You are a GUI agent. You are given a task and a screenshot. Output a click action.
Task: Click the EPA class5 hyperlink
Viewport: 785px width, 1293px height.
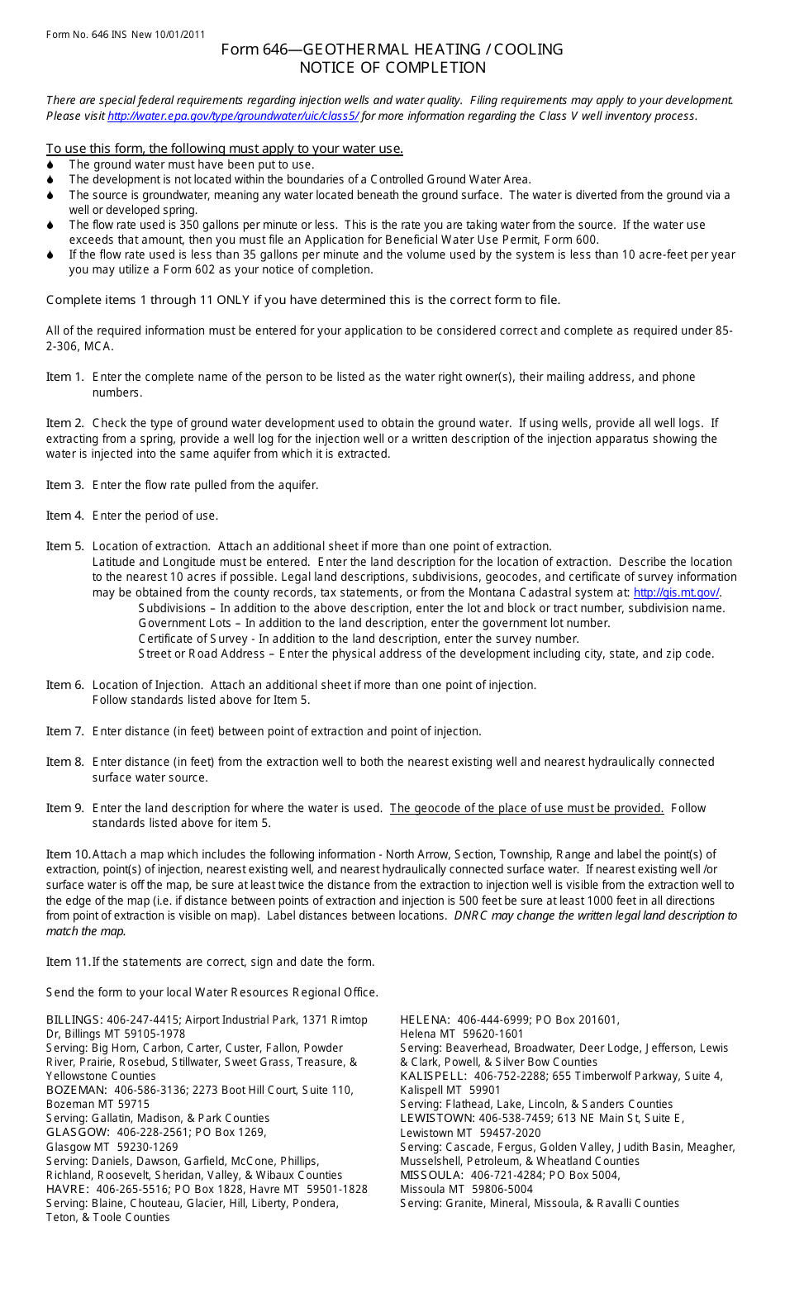coord(233,116)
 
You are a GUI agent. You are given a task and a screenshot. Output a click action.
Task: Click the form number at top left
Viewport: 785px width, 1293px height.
coord(126,35)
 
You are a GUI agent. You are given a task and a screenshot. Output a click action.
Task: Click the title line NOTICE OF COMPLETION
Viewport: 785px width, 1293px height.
coord(392,68)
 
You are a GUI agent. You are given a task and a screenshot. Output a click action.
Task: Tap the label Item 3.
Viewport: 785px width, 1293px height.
coord(64,485)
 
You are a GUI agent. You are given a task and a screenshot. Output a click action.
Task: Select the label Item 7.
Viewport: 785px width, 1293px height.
coord(64,731)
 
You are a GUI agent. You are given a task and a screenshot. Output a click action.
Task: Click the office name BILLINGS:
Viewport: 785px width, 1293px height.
coord(74,1020)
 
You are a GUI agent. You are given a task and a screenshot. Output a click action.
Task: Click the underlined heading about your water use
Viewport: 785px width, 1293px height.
coord(225,149)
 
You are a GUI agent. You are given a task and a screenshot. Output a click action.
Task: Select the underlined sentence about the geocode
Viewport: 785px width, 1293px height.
coord(526,809)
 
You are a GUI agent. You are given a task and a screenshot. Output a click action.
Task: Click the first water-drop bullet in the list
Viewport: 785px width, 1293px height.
coord(50,165)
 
